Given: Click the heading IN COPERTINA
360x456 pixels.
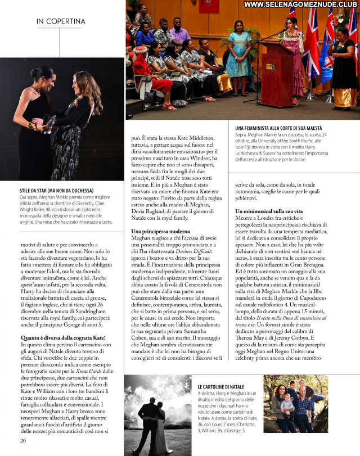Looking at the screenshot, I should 61,22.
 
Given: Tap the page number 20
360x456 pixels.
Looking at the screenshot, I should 23,440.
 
